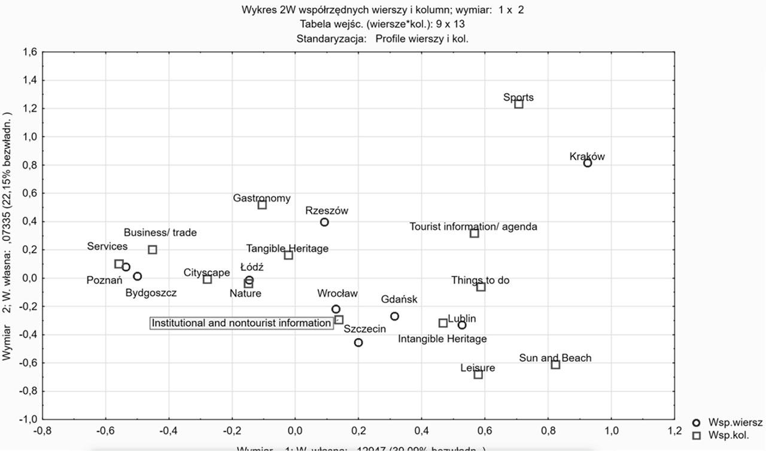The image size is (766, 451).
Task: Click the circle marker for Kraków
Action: pyautogui.click(x=588, y=163)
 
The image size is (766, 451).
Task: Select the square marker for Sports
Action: pyautogui.click(x=519, y=104)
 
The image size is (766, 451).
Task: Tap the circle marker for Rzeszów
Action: pyautogui.click(x=324, y=222)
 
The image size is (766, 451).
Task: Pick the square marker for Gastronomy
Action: pyautogui.click(x=262, y=205)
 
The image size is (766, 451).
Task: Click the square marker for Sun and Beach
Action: pyautogui.click(x=555, y=365)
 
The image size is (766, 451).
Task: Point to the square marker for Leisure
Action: pyautogui.click(x=478, y=374)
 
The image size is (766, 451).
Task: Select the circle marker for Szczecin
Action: pyautogui.click(x=358, y=343)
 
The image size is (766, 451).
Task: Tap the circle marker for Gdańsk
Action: pyautogui.click(x=394, y=316)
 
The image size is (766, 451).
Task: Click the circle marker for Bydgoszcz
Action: pyautogui.click(x=138, y=276)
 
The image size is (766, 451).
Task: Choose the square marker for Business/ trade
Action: pyautogui.click(x=153, y=249)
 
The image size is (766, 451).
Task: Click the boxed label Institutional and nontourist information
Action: pyautogui.click(x=241, y=323)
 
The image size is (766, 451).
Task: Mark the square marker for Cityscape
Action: pyautogui.click(x=208, y=279)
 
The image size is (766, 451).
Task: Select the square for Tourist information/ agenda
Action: pyautogui.click(x=475, y=233)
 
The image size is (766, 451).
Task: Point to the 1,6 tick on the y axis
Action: pyautogui.click(x=30, y=53)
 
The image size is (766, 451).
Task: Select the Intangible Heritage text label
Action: pyautogui.click(x=442, y=339)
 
